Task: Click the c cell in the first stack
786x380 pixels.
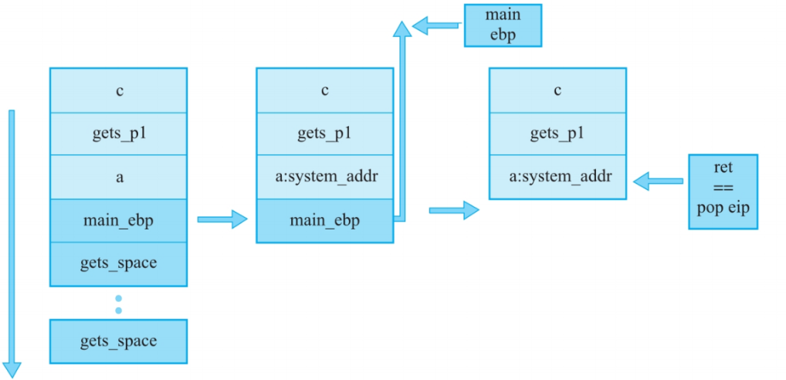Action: pos(118,90)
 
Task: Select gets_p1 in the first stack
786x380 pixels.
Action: pos(118,134)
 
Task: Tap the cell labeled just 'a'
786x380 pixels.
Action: pos(118,177)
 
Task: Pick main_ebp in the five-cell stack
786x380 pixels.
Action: pos(118,220)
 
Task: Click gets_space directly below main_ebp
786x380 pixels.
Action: pos(118,263)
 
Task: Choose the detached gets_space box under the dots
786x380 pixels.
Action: pos(118,341)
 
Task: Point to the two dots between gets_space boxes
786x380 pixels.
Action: pos(118,304)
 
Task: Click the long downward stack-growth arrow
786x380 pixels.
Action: pos(12,239)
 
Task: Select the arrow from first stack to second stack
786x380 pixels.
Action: pos(222,219)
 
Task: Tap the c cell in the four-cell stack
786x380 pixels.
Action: pos(324,90)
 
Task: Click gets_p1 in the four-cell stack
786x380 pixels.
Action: pos(324,134)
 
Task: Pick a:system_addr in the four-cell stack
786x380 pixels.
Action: pos(324,177)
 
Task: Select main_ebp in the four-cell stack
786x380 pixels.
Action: pos(324,220)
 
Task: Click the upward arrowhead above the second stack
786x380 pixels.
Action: pos(401,29)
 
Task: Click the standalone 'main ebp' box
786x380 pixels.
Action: pos(503,25)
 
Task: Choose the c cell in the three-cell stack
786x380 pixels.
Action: pos(557,90)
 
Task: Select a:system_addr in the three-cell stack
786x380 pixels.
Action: pos(557,177)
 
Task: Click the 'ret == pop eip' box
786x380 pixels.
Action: pos(723,192)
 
